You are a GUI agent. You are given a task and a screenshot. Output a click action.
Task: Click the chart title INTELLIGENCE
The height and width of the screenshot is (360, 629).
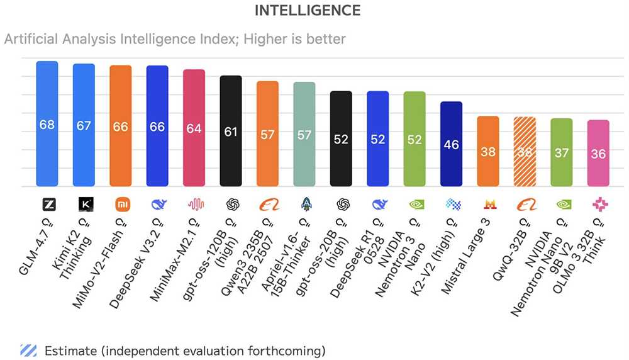307,11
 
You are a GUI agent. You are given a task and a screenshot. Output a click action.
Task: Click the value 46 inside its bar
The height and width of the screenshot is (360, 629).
451,145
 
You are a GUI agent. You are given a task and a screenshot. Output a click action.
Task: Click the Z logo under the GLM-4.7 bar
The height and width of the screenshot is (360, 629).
47,204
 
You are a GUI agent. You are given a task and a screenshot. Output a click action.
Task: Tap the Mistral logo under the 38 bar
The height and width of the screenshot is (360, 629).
488,204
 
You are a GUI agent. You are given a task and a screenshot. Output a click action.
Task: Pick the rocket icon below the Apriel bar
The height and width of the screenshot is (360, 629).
304,204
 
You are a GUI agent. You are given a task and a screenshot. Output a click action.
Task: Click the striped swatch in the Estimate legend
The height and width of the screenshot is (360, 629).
28,350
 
